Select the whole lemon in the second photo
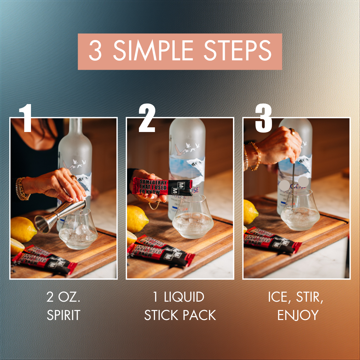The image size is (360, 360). pos(137,219)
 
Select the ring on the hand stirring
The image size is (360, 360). pos(292,131)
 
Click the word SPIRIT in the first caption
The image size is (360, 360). pos(63,315)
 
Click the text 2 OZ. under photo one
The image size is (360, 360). pos(63,297)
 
